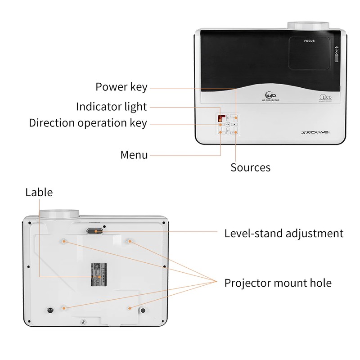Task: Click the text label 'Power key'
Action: point(121,87)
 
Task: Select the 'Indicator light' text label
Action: point(111,107)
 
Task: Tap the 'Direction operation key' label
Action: point(88,123)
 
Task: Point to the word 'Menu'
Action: point(134,155)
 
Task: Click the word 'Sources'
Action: point(250,167)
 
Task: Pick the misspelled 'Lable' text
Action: point(39,193)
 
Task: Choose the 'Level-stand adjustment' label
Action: point(283,234)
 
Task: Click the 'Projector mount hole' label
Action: point(278,283)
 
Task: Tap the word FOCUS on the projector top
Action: point(309,41)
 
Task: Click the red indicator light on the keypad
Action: point(221,118)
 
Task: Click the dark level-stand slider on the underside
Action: point(94,231)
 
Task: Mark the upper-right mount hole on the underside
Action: point(130,241)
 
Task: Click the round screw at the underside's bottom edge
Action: point(82,322)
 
